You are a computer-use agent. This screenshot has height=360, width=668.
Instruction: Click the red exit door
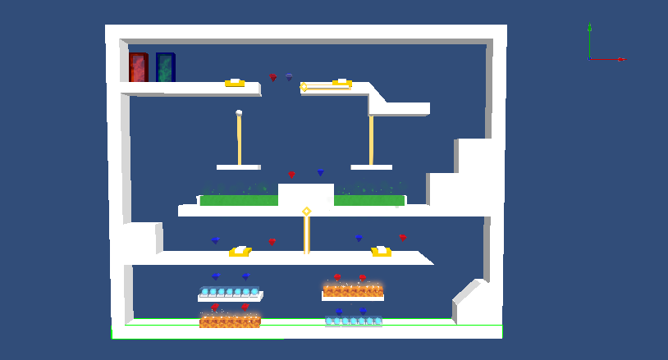pyautogui.click(x=138, y=67)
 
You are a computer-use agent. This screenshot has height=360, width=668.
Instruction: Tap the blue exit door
pyautogui.click(x=165, y=67)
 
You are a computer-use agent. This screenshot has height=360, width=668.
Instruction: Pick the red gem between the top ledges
pyautogui.click(x=273, y=78)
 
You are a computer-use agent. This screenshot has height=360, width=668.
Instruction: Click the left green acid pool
pyautogui.click(x=238, y=199)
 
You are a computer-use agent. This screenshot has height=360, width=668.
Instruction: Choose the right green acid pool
pyautogui.click(x=368, y=199)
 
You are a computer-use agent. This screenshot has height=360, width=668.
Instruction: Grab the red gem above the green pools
pyautogui.click(x=291, y=175)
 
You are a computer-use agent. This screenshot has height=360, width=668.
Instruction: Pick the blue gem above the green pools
pyautogui.click(x=321, y=172)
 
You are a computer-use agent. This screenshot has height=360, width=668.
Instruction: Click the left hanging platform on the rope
pyautogui.click(x=238, y=167)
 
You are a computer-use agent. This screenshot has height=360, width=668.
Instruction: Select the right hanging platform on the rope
pyautogui.click(x=371, y=167)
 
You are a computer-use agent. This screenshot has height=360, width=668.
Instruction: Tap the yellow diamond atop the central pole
pyautogui.click(x=307, y=212)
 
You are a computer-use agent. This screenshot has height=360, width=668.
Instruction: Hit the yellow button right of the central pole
pyautogui.click(x=381, y=251)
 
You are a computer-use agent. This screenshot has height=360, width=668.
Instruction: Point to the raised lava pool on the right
pyautogui.click(x=353, y=290)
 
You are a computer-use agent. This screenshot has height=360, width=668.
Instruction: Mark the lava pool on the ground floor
pyautogui.click(x=230, y=321)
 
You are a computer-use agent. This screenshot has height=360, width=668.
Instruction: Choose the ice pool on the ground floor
pyautogui.click(x=353, y=321)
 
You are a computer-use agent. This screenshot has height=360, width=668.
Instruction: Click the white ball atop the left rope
pyautogui.click(x=239, y=113)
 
